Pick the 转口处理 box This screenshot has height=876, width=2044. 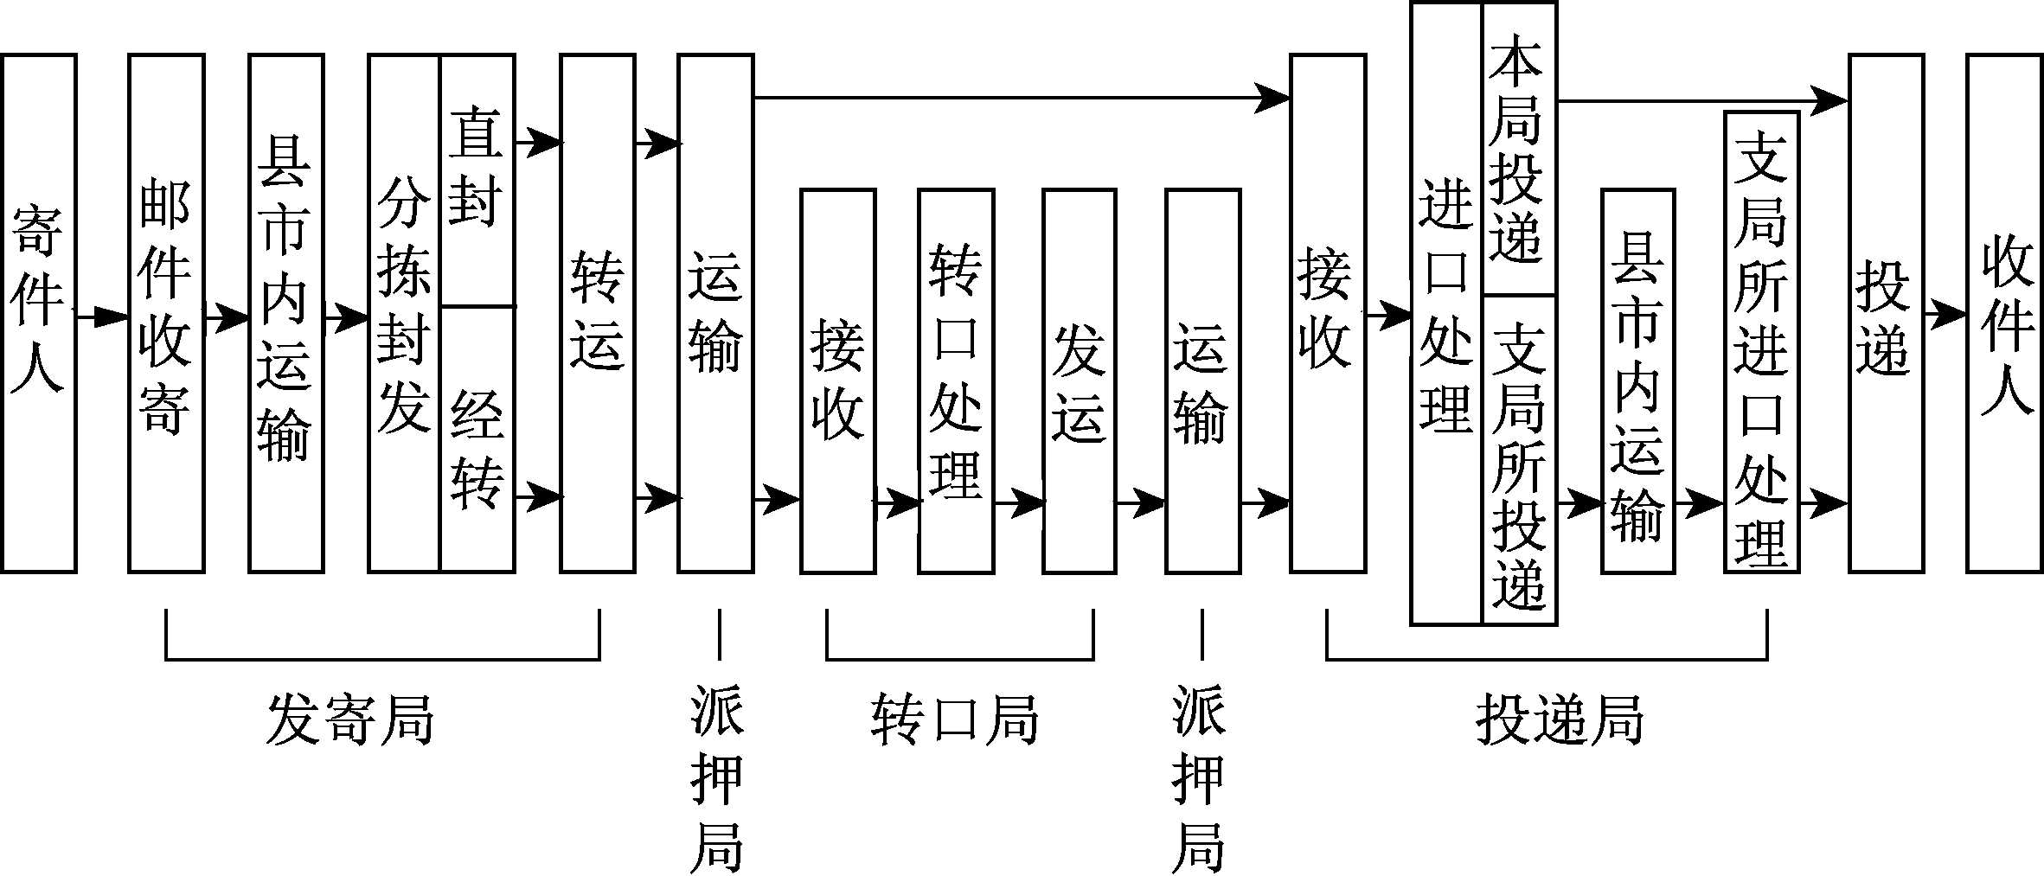[956, 380]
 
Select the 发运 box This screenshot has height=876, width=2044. [1079, 380]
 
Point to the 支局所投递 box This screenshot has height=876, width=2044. [1519, 459]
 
